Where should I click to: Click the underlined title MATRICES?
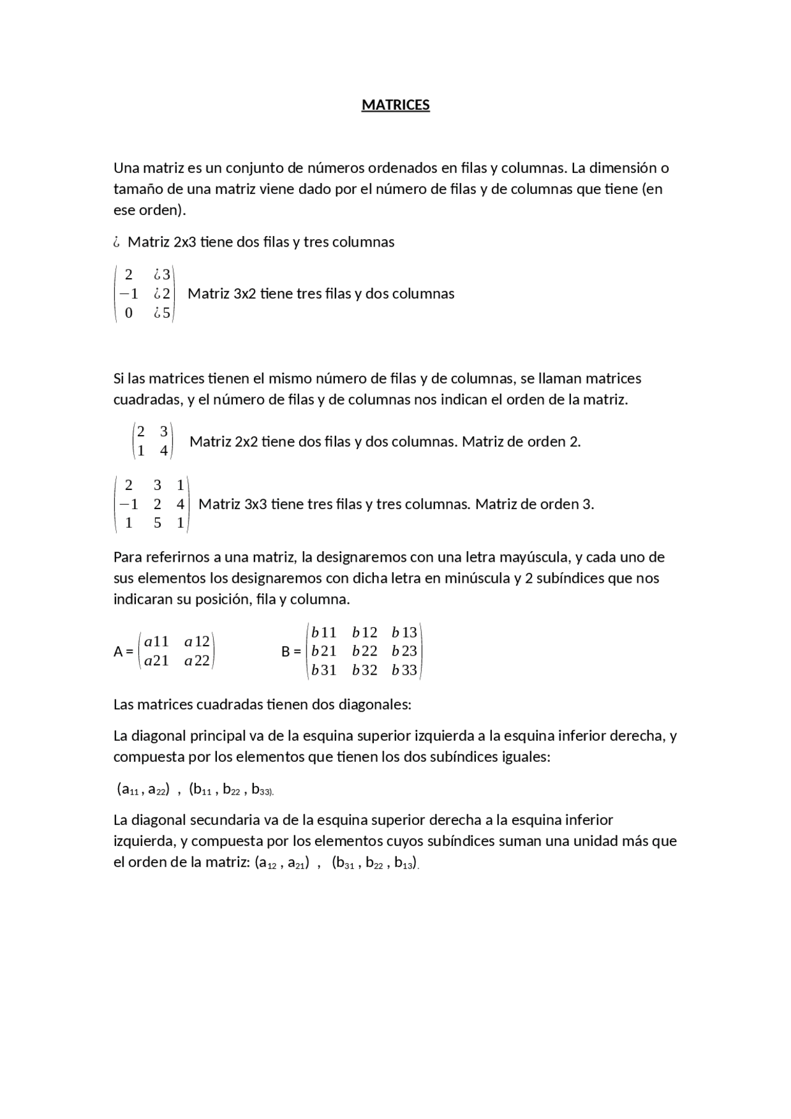[395, 105]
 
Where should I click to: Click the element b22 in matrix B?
[365, 651]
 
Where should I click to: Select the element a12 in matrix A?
[197, 641]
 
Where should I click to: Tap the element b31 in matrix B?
[324, 670]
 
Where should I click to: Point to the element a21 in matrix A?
[156, 661]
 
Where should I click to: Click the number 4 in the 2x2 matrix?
[164, 450]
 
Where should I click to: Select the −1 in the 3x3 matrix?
[128, 504]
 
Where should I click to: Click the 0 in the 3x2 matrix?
[129, 313]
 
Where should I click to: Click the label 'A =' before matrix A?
[123, 651]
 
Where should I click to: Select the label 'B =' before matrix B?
[290, 651]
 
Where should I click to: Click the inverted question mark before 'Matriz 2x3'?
[116, 242]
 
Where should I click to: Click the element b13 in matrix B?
[404, 632]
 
